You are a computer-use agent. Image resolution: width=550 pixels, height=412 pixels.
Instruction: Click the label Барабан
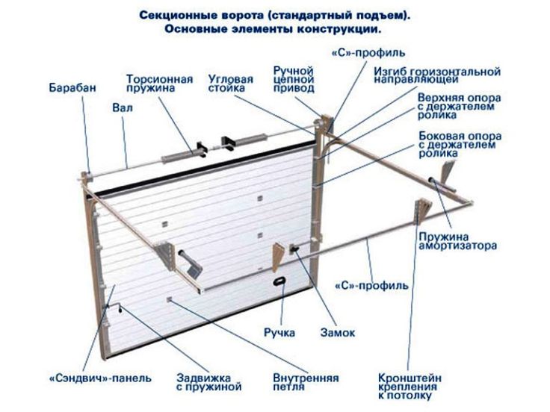click(x=72, y=87)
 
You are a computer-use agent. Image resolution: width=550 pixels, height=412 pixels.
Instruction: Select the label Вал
click(x=123, y=107)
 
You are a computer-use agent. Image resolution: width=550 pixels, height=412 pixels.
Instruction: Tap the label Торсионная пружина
click(x=160, y=84)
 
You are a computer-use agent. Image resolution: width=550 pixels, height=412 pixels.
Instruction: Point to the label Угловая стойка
click(x=230, y=84)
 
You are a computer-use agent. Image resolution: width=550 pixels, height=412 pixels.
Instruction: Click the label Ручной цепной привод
click(x=294, y=80)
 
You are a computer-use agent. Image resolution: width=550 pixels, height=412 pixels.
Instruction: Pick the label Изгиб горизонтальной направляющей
click(x=437, y=75)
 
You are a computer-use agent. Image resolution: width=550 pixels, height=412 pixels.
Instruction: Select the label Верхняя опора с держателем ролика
click(x=459, y=106)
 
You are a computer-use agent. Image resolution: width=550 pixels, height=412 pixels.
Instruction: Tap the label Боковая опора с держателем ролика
click(x=460, y=144)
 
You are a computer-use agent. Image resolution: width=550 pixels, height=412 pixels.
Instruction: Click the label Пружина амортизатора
click(x=457, y=241)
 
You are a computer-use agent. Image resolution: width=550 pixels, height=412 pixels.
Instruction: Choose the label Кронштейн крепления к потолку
click(x=410, y=387)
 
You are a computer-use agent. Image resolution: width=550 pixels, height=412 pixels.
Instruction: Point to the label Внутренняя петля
click(x=306, y=382)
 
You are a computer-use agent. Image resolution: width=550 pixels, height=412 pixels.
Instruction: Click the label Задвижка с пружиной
click(x=208, y=382)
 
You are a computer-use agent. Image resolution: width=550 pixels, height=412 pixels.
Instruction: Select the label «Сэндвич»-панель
click(x=100, y=378)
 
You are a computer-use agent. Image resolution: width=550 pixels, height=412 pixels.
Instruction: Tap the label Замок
click(x=338, y=332)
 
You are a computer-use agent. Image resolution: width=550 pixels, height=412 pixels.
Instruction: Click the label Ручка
click(x=279, y=332)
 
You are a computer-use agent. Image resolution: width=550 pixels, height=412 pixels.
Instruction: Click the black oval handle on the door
click(x=279, y=281)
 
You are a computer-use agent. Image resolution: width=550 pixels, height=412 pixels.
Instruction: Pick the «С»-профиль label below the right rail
click(x=371, y=286)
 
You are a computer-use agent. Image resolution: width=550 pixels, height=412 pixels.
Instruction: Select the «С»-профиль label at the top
click(x=368, y=52)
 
